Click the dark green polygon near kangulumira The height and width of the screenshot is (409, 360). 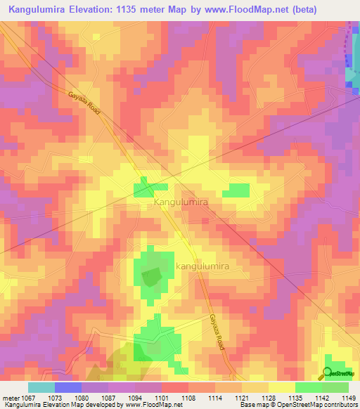click(151, 278)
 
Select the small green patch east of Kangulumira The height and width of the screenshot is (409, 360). click(236, 190)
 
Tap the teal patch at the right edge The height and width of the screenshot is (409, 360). click(353, 76)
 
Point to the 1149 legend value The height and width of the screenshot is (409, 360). click(349, 398)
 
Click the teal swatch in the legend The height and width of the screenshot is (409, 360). click(41, 387)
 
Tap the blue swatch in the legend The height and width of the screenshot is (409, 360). click(68, 387)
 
